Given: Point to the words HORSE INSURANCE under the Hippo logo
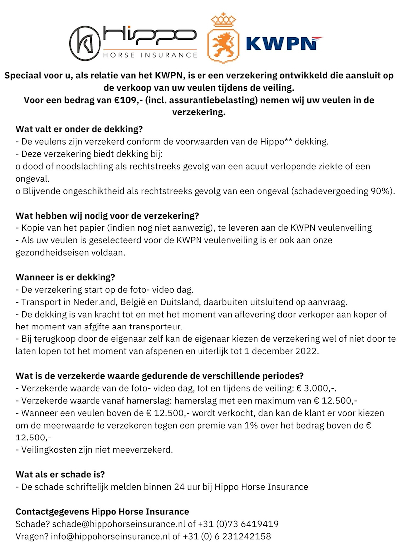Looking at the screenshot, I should pyautogui.click(x=149, y=55).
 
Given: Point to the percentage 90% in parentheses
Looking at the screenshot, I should pyautogui.click(x=379, y=191).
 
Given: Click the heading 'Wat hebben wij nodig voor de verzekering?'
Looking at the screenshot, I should pyautogui.click(x=107, y=216).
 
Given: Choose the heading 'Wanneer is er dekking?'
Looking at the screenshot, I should pyautogui.click(x=65, y=277).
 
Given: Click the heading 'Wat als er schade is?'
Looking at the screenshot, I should pyautogui.click(x=64, y=474).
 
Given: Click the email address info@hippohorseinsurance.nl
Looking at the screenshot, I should pyautogui.click(x=112, y=536).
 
